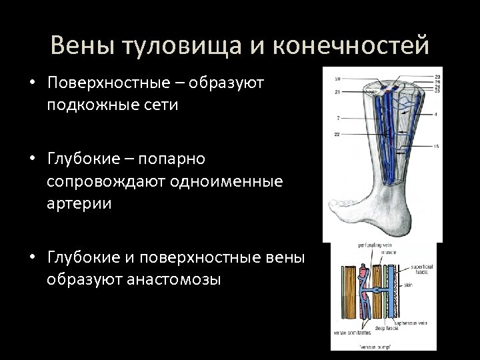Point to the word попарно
[177, 159]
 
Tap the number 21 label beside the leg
[337, 91]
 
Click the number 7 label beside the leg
[339, 117]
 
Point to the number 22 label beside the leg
[338, 135]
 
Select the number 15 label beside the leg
[436, 146]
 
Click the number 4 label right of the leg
[436, 115]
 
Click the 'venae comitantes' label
[347, 330]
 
